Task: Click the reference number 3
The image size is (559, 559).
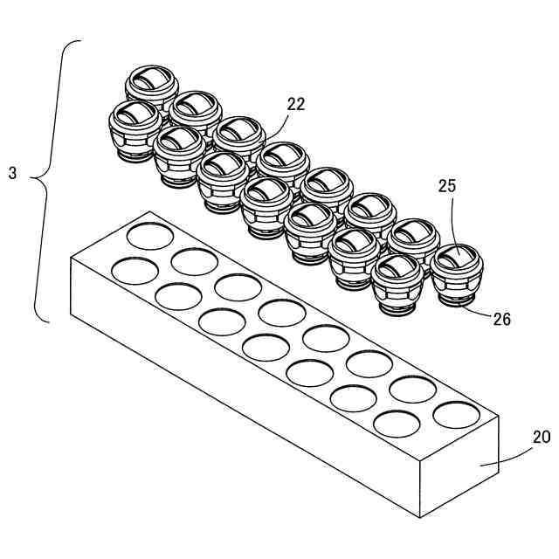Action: click(x=12, y=173)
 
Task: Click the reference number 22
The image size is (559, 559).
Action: click(x=296, y=104)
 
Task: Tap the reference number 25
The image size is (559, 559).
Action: click(x=448, y=186)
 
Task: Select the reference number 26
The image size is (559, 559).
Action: click(x=501, y=320)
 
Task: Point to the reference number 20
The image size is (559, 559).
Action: click(x=542, y=437)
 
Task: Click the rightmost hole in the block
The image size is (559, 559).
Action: click(x=456, y=416)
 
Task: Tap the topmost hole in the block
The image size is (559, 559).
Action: click(x=150, y=236)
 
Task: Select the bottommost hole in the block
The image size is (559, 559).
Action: click(x=396, y=424)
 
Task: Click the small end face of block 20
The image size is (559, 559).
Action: click(x=459, y=467)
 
